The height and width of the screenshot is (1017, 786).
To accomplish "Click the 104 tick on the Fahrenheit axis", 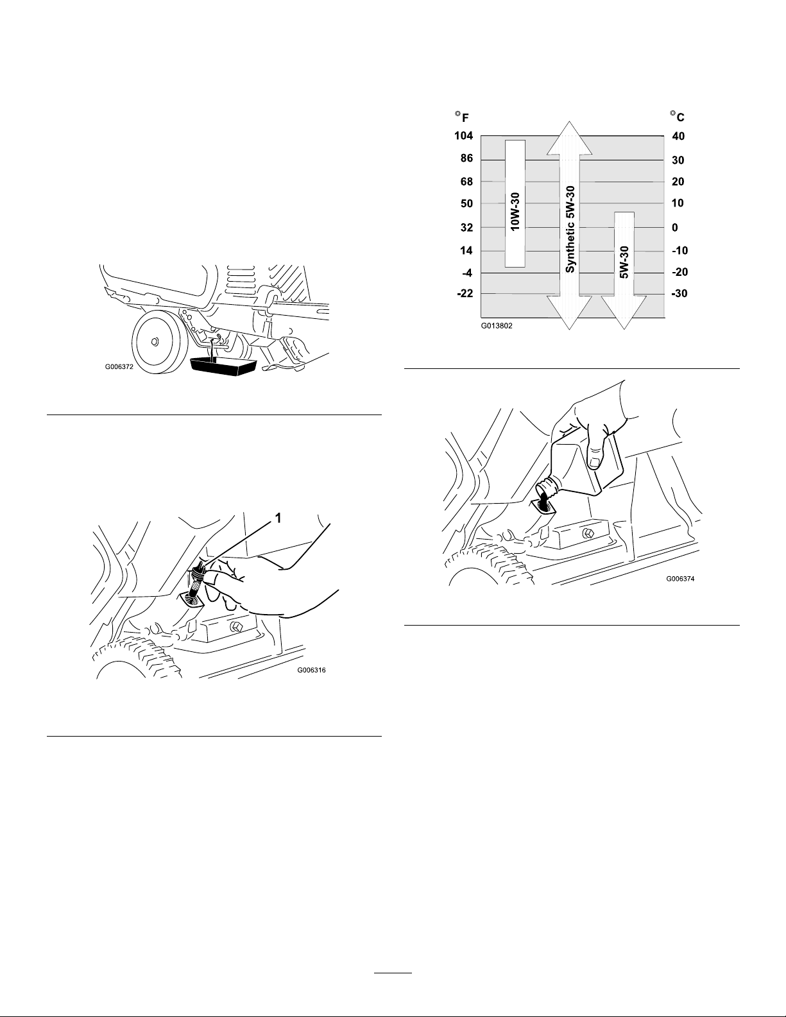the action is tap(464, 136).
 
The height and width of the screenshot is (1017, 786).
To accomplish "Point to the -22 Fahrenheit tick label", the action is tap(465, 293).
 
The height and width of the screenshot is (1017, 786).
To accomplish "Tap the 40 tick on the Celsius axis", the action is tap(678, 136).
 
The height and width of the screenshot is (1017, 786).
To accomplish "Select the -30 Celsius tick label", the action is tap(679, 293).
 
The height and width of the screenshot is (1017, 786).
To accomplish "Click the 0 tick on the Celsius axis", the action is tap(674, 227).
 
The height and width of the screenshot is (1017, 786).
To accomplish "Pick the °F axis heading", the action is tap(462, 117).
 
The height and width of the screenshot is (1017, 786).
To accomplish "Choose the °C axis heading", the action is tap(678, 115).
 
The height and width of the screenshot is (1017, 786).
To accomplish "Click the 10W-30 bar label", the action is tap(515, 212).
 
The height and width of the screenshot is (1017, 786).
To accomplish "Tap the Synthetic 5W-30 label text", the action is tap(569, 229).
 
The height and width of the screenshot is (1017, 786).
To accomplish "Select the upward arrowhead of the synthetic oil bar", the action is tap(569, 138).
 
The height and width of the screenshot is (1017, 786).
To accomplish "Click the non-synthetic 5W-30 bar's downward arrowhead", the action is tap(624, 312).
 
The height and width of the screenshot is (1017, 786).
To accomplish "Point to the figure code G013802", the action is tap(497, 325).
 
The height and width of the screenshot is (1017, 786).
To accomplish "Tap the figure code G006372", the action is tap(119, 367).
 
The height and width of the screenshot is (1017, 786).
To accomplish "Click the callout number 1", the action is tap(278, 518).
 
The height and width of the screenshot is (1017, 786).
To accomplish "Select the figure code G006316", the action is tap(312, 671).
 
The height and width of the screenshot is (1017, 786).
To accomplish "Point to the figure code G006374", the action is tap(680, 579).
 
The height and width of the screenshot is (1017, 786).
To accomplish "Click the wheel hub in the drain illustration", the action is tap(154, 341).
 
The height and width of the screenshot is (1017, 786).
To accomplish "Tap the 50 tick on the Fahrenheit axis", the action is tap(467, 203).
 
